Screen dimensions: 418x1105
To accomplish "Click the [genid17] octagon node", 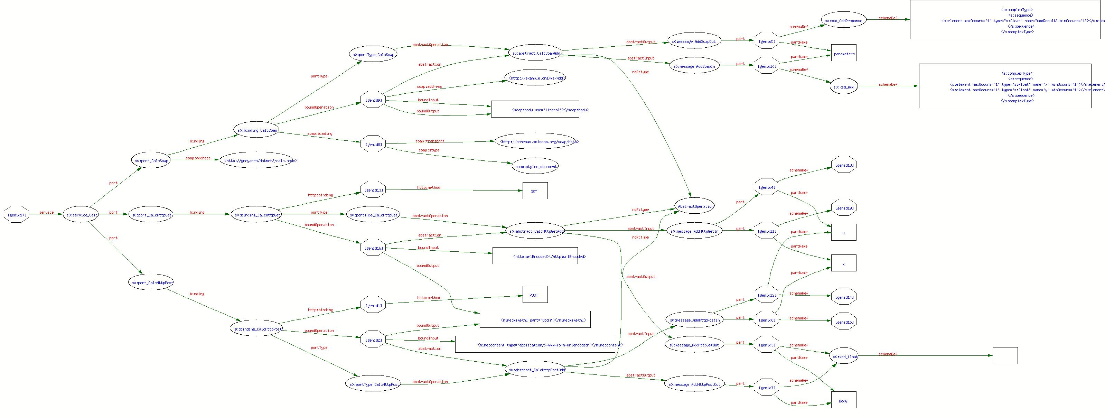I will (x=16, y=215).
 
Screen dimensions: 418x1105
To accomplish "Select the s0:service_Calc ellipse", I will (x=81, y=215).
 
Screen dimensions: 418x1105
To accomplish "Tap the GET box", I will (x=534, y=191).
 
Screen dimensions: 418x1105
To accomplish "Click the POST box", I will (x=534, y=295).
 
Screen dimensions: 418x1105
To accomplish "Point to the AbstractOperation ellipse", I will (x=694, y=206).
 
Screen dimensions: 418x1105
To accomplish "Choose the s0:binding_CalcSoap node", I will (x=256, y=130).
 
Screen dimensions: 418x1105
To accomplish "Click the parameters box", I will (x=843, y=53).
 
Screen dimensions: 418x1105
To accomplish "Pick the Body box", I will (x=843, y=400).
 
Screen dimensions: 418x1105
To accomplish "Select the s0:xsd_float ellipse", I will (x=844, y=356).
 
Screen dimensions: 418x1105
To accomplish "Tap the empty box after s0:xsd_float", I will (x=1005, y=356).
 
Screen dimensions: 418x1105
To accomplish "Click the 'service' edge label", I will (x=46, y=212).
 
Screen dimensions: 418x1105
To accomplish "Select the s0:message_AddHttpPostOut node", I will (x=694, y=384).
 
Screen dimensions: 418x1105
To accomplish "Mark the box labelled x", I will (x=843, y=263).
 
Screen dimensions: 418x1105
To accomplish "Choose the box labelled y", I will (x=843, y=233).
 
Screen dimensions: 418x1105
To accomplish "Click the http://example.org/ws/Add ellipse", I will (x=536, y=78).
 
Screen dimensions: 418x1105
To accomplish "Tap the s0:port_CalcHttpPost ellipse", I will (x=151, y=282).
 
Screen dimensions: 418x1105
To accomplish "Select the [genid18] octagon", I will (x=843, y=165).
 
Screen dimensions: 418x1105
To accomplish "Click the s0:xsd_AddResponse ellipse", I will (x=843, y=20).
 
